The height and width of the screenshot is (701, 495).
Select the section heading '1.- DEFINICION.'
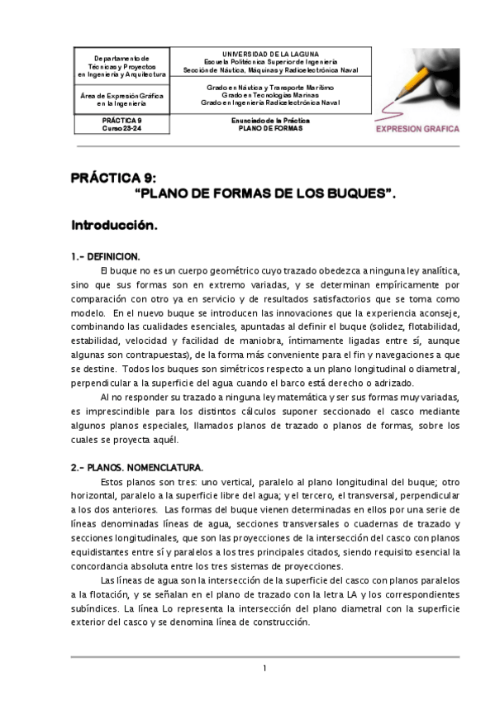click(105, 256)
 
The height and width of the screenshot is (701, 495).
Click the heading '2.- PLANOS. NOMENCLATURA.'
click(136, 467)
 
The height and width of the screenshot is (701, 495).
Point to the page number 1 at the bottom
click(264, 668)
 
